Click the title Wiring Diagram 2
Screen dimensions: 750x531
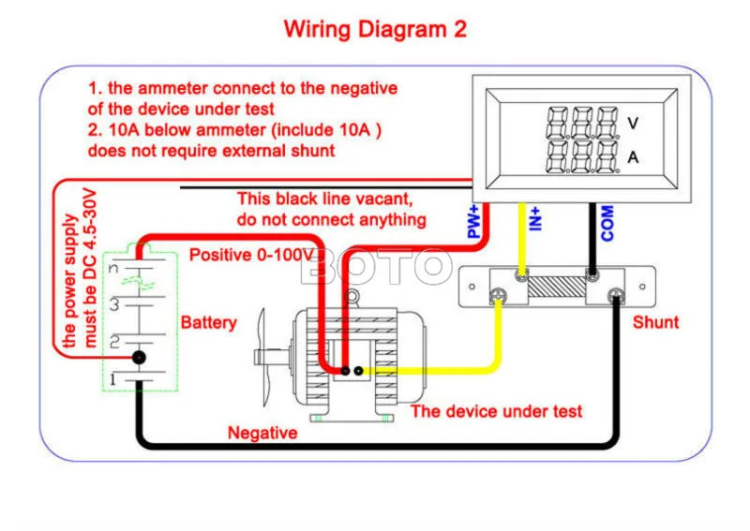(x=375, y=29)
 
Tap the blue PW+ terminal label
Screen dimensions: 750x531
(x=473, y=222)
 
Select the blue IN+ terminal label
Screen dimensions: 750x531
(x=535, y=219)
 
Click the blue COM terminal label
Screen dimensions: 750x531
(x=607, y=223)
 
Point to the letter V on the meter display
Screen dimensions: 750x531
(x=633, y=124)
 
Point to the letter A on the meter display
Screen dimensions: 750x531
(x=633, y=157)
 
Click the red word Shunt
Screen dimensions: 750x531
(x=655, y=322)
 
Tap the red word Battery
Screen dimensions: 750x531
(x=208, y=323)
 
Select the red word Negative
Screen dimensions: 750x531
(x=262, y=433)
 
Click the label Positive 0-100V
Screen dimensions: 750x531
(x=251, y=255)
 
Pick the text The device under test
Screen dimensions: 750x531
(x=497, y=411)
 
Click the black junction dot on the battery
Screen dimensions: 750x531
(x=139, y=357)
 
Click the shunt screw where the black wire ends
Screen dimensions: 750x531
(x=616, y=296)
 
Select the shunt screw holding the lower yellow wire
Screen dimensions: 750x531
(x=498, y=296)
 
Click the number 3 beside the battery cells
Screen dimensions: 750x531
(x=113, y=304)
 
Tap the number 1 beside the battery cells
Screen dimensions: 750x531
(x=112, y=379)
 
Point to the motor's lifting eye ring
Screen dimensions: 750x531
(x=352, y=297)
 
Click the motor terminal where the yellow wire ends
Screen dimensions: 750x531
(x=358, y=371)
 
